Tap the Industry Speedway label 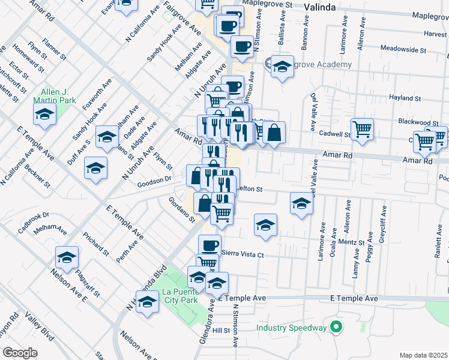coord(291,328)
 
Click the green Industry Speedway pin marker coord(336,328)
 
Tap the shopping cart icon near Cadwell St coord(363,128)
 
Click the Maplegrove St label coord(271,4)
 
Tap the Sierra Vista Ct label coord(243,254)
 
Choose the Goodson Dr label coord(154,178)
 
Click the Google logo coord(20,352)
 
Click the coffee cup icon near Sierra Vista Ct coord(209,245)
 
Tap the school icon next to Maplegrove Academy coord(282,67)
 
